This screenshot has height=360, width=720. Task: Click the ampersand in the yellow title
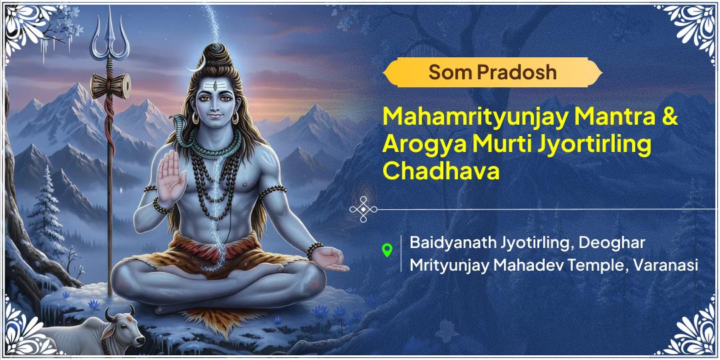(670, 118)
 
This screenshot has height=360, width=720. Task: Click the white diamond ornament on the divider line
(363, 209)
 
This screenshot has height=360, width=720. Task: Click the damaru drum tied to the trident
(110, 85)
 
